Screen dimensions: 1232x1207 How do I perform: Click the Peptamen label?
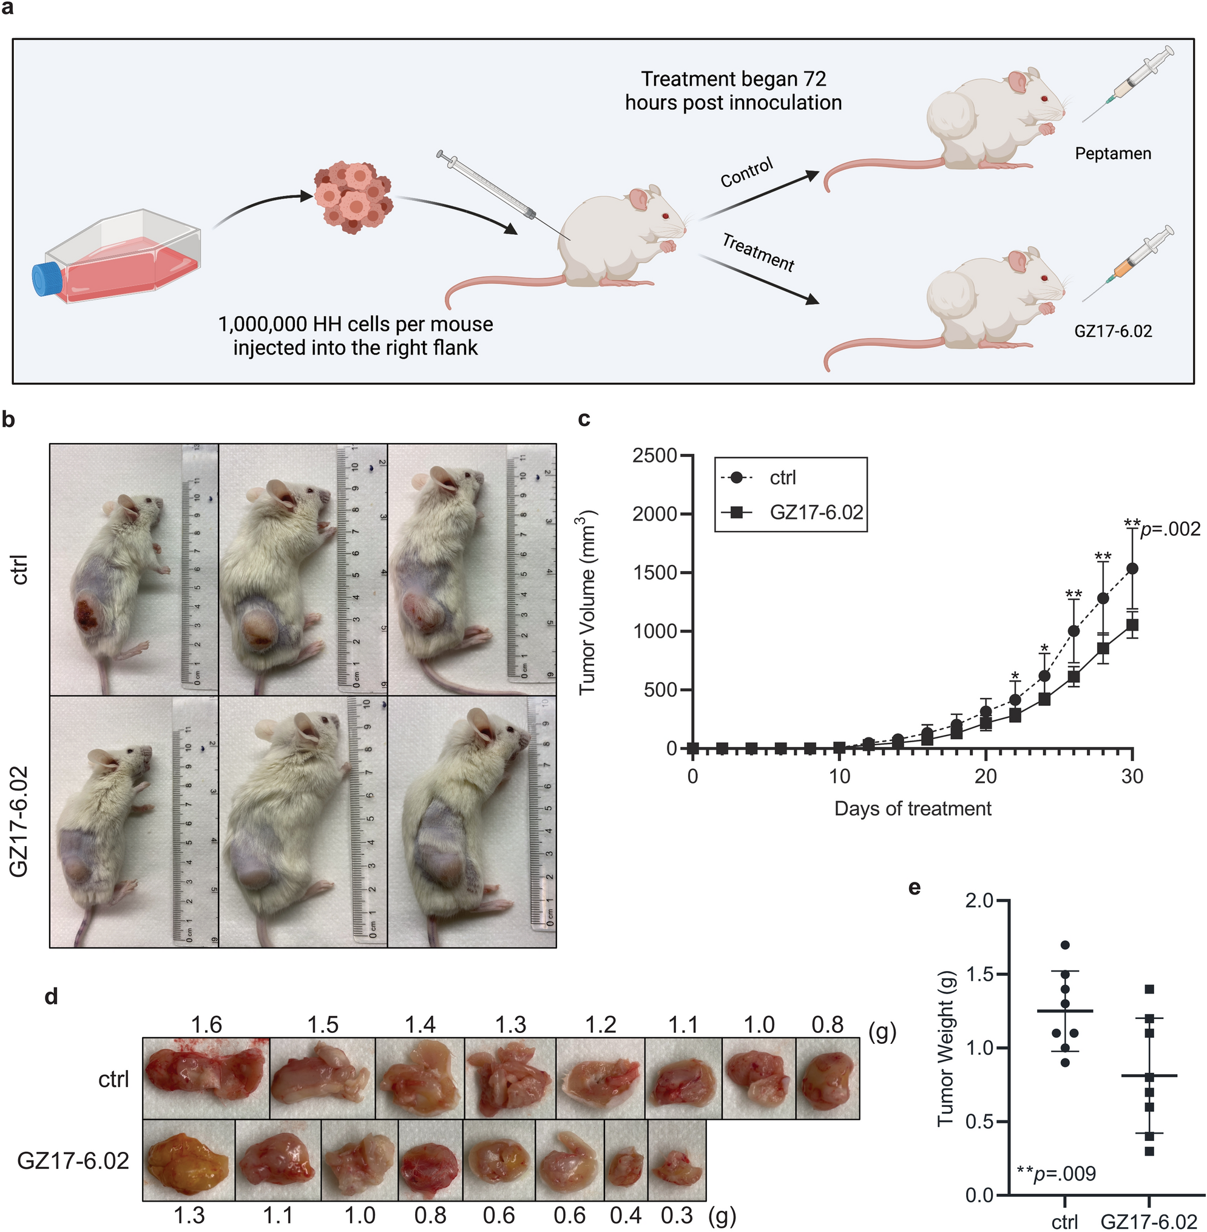pyautogui.click(x=1112, y=154)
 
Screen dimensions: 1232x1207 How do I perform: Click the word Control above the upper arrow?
pyautogui.click(x=747, y=172)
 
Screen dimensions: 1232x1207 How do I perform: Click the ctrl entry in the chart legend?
pyautogui.click(x=782, y=478)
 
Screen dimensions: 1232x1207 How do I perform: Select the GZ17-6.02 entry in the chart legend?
pyautogui.click(x=816, y=512)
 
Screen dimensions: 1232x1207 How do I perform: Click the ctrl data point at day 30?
pyautogui.click(x=1132, y=569)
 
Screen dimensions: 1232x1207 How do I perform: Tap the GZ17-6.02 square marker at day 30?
pyautogui.click(x=1132, y=625)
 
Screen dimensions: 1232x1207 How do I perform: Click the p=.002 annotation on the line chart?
pyautogui.click(x=1169, y=529)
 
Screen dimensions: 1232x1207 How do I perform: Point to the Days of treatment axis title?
pyautogui.click(x=912, y=808)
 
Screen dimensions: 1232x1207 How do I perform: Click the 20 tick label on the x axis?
pyautogui.click(x=985, y=776)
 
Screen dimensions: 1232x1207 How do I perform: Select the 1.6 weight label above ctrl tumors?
pyautogui.click(x=207, y=1024)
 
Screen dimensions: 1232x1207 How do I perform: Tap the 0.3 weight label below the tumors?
pyautogui.click(x=677, y=1215)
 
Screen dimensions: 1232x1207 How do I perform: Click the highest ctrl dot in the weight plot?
pyautogui.click(x=1065, y=946)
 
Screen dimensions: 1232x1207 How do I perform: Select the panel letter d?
pyautogui.click(x=51, y=996)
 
